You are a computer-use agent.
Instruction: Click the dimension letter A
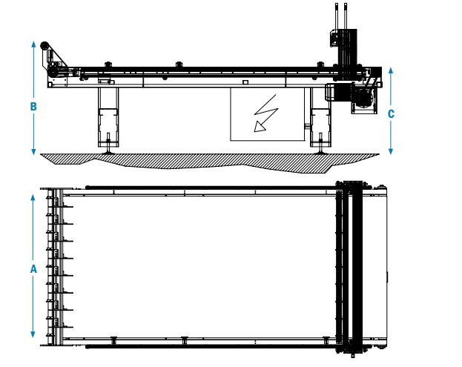(x=33, y=270)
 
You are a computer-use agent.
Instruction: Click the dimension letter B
(x=33, y=106)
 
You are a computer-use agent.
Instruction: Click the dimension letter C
(x=391, y=113)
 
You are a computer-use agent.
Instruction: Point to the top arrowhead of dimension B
(x=33, y=44)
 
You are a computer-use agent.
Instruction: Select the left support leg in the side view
(x=108, y=119)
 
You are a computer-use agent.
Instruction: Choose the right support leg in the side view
(x=320, y=119)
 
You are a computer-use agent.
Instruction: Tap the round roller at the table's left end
(x=46, y=47)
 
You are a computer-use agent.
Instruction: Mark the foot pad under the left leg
(x=108, y=151)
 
